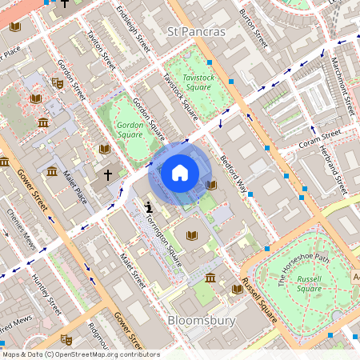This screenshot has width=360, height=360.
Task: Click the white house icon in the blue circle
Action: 180,172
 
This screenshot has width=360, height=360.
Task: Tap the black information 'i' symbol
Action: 149,207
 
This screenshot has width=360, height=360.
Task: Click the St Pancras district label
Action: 197,32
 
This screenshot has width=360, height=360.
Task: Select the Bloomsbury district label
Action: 202,320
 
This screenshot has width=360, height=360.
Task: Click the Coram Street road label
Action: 320,142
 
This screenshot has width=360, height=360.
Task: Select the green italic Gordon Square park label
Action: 130,130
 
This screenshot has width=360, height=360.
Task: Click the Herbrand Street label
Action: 334,168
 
